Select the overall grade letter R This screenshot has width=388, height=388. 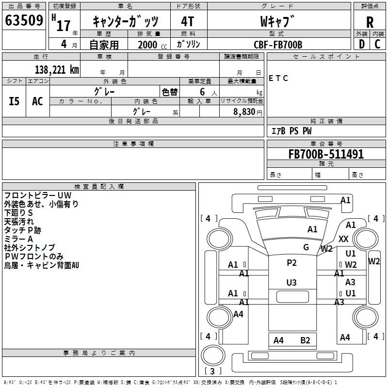370,22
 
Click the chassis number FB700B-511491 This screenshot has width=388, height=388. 326,154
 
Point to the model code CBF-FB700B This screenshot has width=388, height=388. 278,45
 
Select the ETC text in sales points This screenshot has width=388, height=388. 278,79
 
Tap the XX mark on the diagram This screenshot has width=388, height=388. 343,239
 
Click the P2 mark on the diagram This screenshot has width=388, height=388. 291,263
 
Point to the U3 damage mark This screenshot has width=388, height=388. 291,282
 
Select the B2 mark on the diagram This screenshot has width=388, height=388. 305,340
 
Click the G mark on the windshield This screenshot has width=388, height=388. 306,247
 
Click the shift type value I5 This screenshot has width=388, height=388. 15,101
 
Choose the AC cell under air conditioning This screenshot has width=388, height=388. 37,101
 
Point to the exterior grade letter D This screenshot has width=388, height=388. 361,44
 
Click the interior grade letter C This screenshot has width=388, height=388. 377,44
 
